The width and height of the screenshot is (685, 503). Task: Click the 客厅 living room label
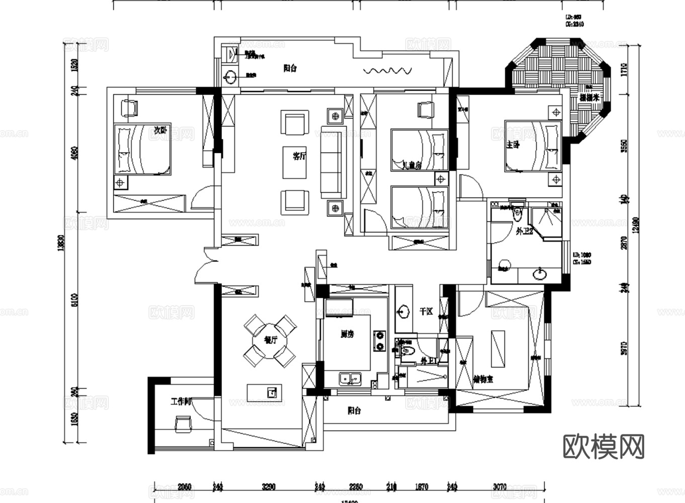click(x=299, y=156)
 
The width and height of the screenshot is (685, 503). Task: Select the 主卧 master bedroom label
click(x=512, y=146)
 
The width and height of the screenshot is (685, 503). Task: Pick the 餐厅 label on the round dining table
click(x=271, y=340)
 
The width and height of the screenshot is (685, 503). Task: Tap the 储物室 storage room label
click(x=483, y=379)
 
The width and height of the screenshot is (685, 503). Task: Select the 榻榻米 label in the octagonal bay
click(x=589, y=98)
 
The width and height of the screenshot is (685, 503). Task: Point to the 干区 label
click(x=426, y=312)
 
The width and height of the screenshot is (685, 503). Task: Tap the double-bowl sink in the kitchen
click(x=351, y=378)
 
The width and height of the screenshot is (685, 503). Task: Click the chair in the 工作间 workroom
click(x=182, y=424)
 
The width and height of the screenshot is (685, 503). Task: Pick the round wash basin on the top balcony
click(x=230, y=77)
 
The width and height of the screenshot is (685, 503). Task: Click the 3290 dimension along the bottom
click(x=268, y=486)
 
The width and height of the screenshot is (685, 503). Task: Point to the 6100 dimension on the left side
click(x=74, y=301)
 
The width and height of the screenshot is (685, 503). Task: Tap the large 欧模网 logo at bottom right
click(x=603, y=446)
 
